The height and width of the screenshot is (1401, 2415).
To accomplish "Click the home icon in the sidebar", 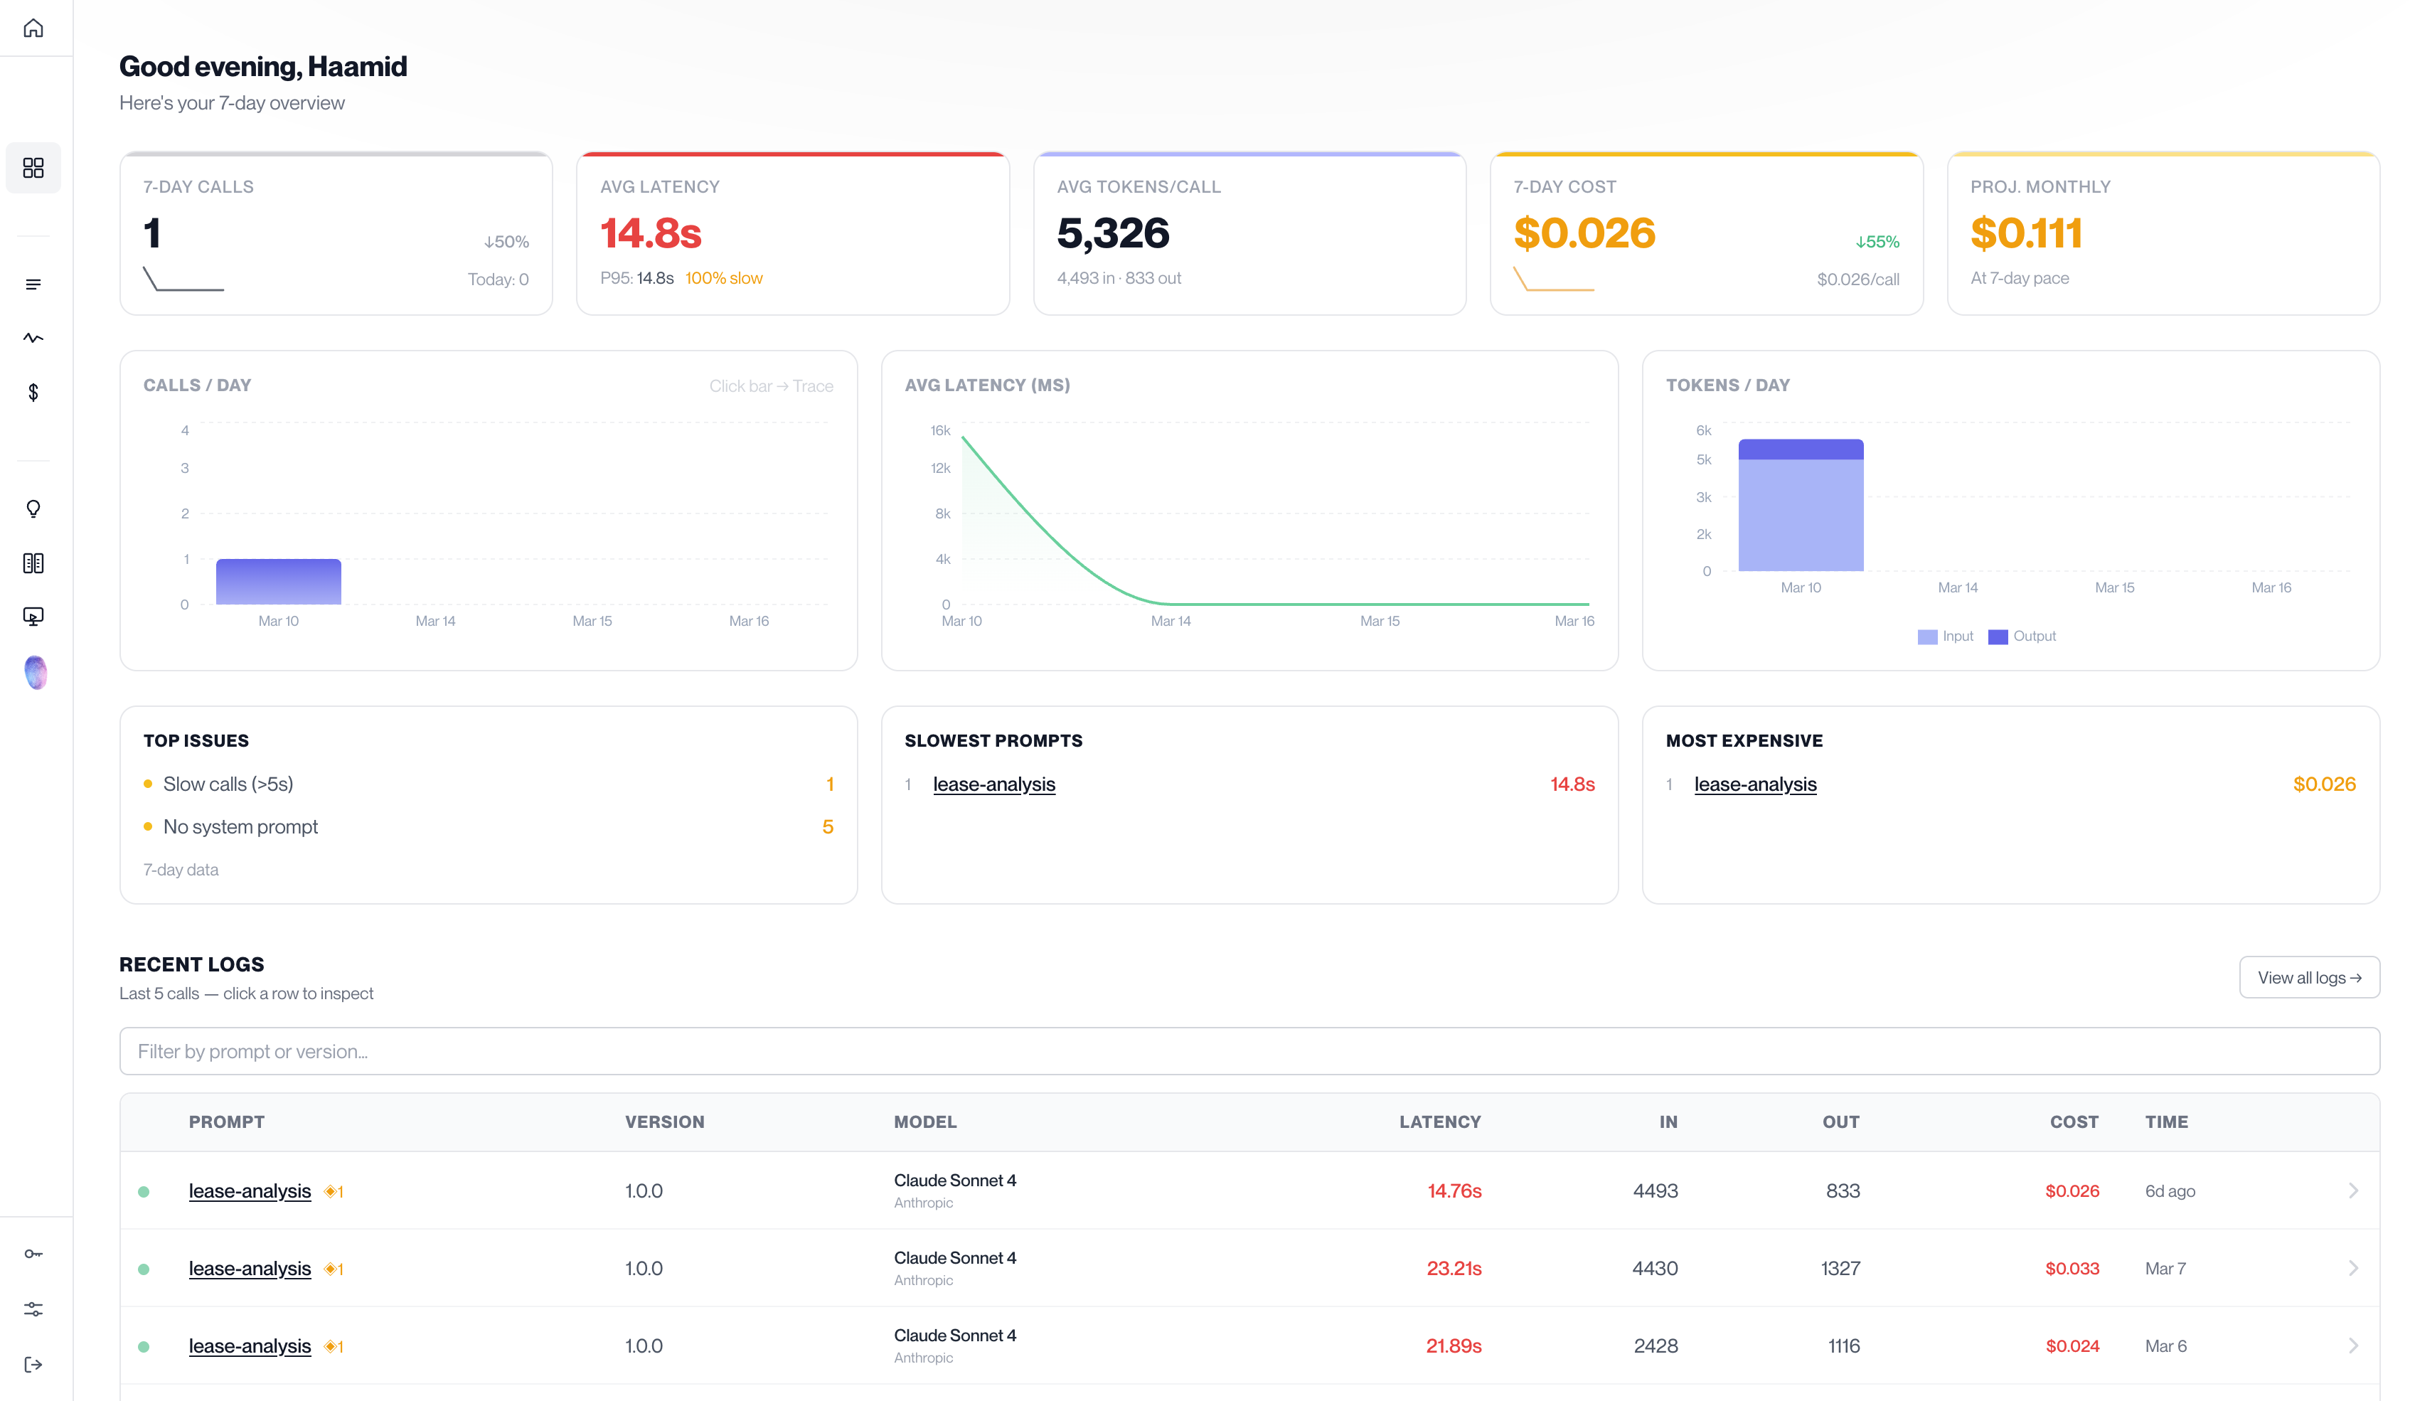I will [x=33, y=28].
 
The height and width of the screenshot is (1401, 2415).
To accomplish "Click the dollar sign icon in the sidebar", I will [x=33, y=392].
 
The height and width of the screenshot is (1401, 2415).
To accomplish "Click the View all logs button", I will [x=2308, y=977].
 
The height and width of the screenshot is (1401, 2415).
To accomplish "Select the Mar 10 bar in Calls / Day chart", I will [x=278, y=582].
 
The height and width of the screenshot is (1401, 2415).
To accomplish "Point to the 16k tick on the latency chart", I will [x=939, y=431].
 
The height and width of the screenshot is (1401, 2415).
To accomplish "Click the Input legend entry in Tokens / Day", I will [x=1946, y=636].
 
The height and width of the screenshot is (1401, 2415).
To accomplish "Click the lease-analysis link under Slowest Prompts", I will [x=993, y=784].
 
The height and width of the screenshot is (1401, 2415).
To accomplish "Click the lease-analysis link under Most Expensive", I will [x=1754, y=784].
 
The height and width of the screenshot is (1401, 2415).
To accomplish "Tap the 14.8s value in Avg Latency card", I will [x=651, y=233].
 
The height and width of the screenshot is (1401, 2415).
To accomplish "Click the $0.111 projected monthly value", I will [x=2026, y=233].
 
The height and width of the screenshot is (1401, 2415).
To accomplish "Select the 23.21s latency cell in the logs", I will [x=1453, y=1269].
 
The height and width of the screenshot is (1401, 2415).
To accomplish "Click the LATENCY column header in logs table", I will [x=1439, y=1122].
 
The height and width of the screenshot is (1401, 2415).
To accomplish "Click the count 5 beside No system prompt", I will [x=827, y=827].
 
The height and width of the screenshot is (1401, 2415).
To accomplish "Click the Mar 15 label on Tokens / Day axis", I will [x=2114, y=587].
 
